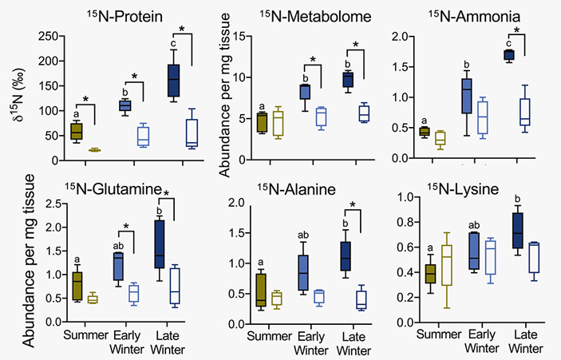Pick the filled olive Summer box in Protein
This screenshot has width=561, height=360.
click(77, 131)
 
